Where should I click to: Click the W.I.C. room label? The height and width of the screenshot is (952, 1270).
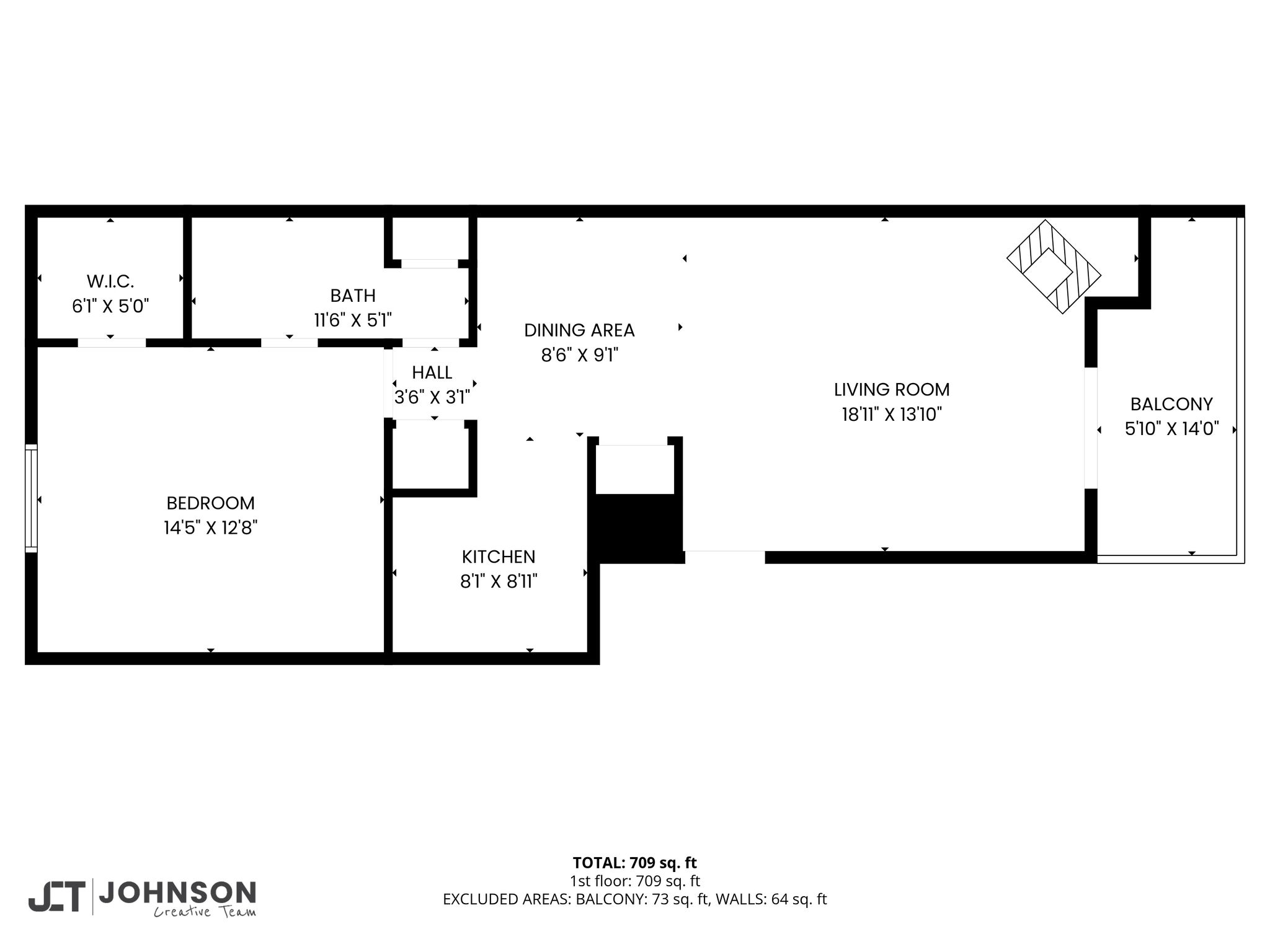pyautogui.click(x=110, y=281)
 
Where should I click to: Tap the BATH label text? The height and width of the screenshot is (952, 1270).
pyautogui.click(x=353, y=295)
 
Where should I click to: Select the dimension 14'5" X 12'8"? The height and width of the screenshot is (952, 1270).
pyautogui.click(x=211, y=527)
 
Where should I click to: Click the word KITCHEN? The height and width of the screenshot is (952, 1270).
pyautogui.click(x=499, y=557)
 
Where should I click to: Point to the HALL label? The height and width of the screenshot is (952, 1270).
pyautogui.click(x=432, y=372)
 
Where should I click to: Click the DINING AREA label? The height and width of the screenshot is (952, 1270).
pyautogui.click(x=579, y=330)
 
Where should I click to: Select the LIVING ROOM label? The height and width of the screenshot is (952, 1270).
pyautogui.click(x=892, y=390)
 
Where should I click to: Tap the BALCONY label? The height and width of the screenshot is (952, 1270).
pyautogui.click(x=1171, y=404)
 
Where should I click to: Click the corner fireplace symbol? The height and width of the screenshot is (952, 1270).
pyautogui.click(x=1054, y=267)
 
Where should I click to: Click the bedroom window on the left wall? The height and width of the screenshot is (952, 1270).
pyautogui.click(x=31, y=498)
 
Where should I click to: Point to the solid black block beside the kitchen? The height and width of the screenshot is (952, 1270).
pyautogui.click(x=636, y=529)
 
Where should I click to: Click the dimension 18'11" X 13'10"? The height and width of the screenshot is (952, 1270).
pyautogui.click(x=892, y=414)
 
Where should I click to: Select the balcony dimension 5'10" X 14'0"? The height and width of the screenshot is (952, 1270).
pyautogui.click(x=1172, y=429)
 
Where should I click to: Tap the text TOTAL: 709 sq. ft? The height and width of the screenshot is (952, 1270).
pyautogui.click(x=635, y=863)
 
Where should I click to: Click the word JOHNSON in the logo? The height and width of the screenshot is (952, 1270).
pyautogui.click(x=177, y=893)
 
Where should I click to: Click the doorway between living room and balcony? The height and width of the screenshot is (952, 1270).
pyautogui.click(x=1091, y=428)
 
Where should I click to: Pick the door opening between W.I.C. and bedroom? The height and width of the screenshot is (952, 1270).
pyautogui.click(x=112, y=342)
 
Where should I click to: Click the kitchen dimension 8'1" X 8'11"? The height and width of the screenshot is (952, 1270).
pyautogui.click(x=499, y=581)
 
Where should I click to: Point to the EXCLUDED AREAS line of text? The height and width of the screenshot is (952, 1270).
pyautogui.click(x=635, y=899)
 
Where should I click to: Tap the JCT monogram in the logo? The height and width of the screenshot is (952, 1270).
pyautogui.click(x=56, y=897)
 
